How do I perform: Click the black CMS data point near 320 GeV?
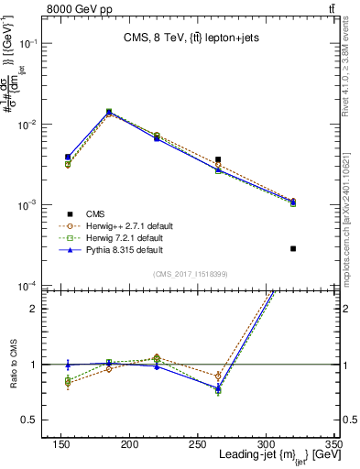pyautogui.click(x=293, y=248)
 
